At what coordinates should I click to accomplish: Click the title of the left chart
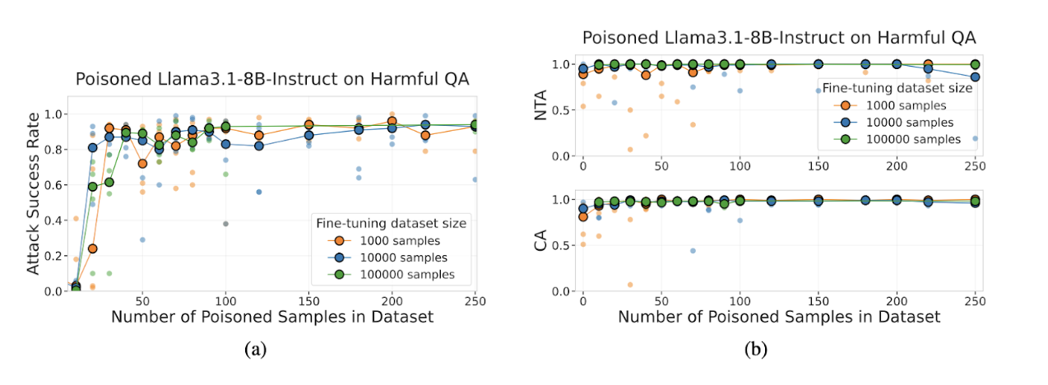(271, 80)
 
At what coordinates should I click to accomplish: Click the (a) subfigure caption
(256, 349)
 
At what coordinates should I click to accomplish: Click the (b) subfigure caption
(755, 349)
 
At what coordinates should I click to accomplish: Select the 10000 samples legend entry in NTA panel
(898, 122)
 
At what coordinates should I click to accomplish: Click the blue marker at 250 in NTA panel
(975, 77)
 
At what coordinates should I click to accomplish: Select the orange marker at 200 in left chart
(392, 122)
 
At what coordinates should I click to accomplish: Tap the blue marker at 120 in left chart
(259, 146)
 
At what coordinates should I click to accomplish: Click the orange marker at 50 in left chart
(142, 164)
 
